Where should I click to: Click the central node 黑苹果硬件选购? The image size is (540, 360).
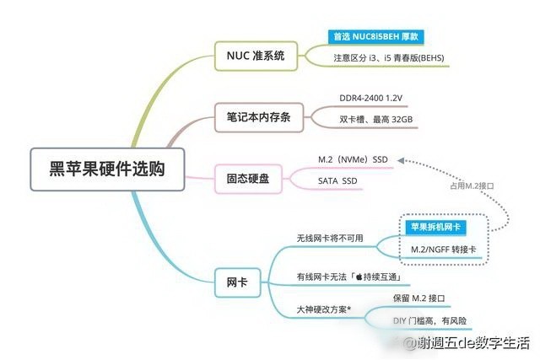pos(107,169)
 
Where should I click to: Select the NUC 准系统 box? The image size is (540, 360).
pos(256,56)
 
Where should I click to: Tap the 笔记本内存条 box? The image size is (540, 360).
pos(259,117)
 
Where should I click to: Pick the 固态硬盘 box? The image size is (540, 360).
pos(248,179)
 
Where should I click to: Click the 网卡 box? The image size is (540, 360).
pos(237,282)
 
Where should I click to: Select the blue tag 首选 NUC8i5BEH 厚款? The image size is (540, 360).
pos(375,37)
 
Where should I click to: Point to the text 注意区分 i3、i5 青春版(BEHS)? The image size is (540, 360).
pos(389,58)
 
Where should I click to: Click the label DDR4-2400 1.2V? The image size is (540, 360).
pos(370,98)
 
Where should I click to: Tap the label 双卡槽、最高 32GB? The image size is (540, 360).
pos(375,120)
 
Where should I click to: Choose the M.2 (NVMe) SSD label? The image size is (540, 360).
pos(353,159)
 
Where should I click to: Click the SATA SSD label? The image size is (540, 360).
pos(337,180)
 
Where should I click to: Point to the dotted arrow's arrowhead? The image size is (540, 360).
pos(401,160)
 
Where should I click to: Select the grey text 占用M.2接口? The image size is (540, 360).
pos(472,185)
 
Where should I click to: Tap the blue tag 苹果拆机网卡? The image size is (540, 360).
pos(435,227)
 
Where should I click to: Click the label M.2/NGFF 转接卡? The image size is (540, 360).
pos(444,250)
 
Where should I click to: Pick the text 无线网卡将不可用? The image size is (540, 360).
pos(330,238)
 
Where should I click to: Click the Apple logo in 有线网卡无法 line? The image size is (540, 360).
pos(359,277)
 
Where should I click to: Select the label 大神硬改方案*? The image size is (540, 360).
pos(324,309)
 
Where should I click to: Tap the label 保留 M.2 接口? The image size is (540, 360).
pos(418,298)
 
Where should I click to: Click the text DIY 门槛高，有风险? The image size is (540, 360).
pos(429,320)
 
